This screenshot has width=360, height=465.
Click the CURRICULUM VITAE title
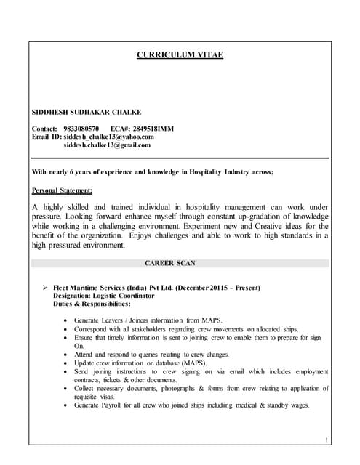[180, 55]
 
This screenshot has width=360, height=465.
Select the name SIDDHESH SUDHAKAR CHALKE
[87, 112]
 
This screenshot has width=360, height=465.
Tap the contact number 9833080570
[81, 129]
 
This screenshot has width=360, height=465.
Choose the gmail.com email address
[107, 145]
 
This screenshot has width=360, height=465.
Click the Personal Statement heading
[63, 190]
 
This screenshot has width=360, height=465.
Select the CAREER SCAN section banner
[180, 262]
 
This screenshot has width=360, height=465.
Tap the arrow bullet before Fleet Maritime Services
[47, 288]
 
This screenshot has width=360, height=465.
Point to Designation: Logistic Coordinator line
[103, 296]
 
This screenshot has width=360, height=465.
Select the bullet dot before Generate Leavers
[67, 320]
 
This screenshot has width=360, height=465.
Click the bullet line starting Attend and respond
[151, 355]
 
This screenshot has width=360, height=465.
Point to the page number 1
[327, 440]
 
